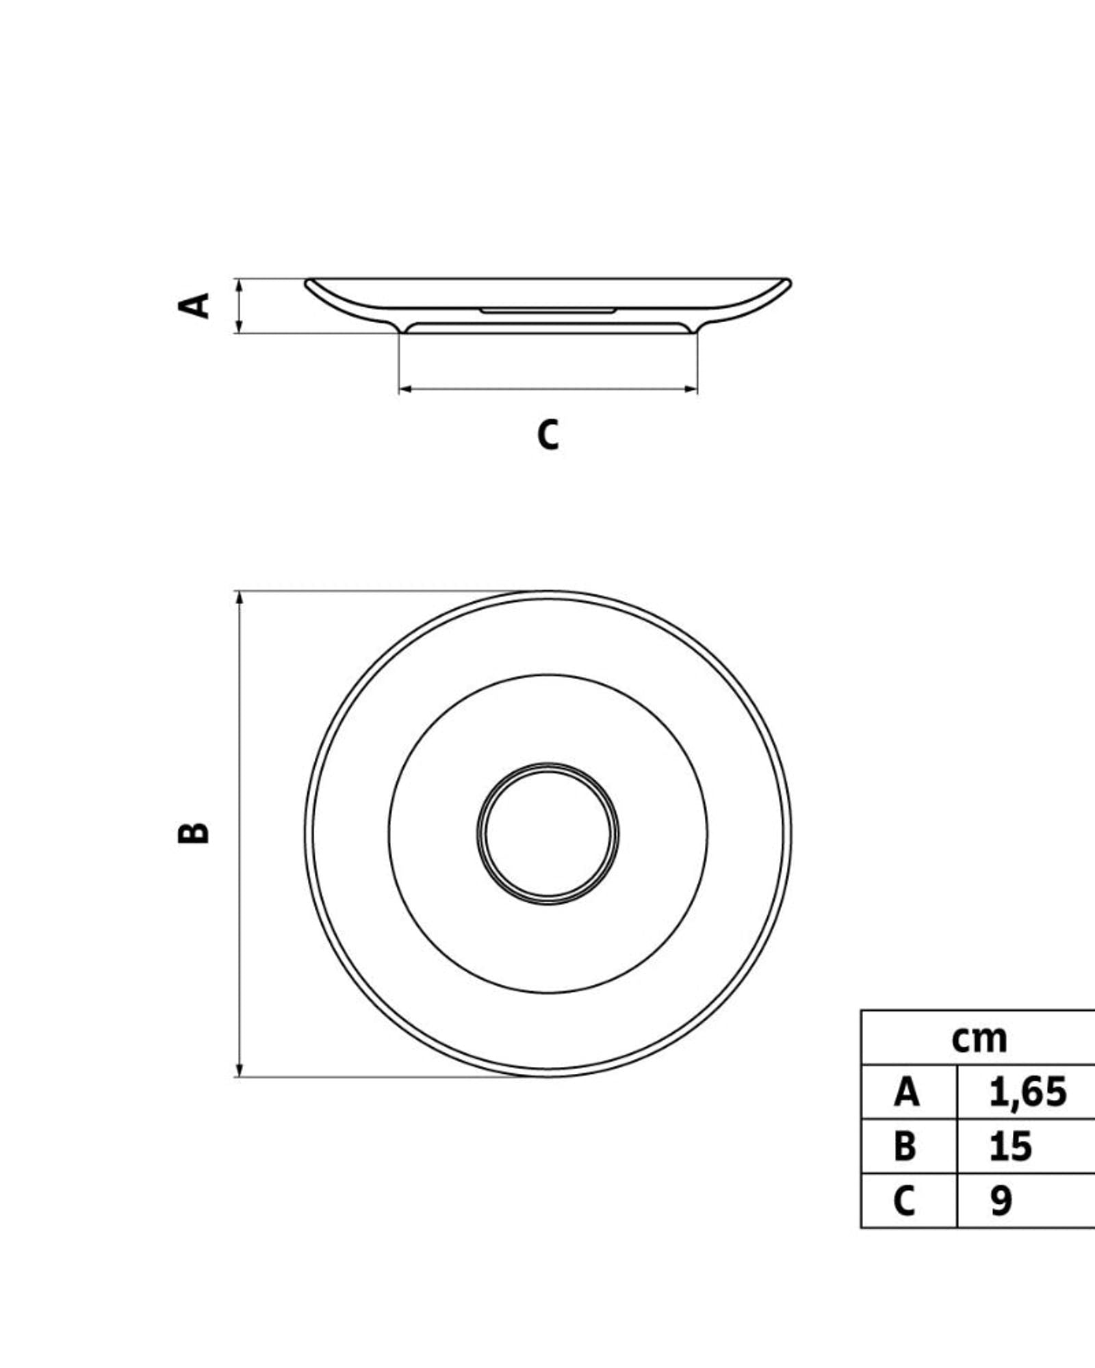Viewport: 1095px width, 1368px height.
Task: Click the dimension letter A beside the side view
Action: point(194,306)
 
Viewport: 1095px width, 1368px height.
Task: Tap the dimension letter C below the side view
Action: point(548,434)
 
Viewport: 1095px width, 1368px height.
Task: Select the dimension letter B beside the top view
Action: point(194,831)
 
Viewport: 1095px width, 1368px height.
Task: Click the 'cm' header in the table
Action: point(979,1039)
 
